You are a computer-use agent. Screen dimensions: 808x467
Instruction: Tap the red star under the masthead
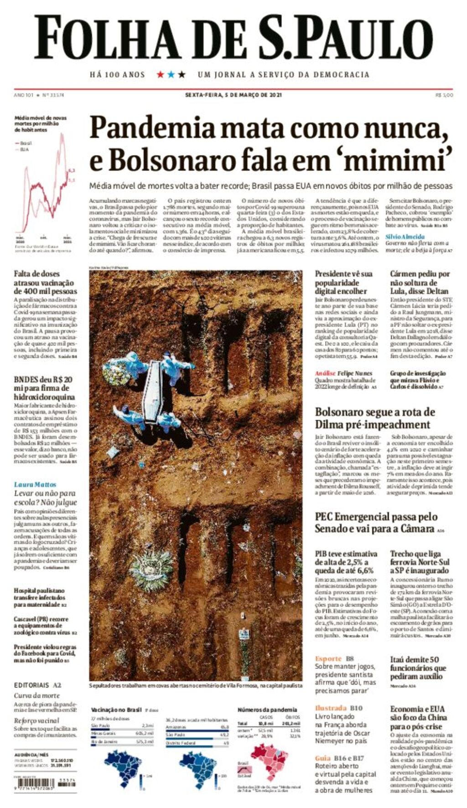pos(160,74)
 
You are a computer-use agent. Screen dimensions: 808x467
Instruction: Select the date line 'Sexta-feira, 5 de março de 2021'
pos(233,95)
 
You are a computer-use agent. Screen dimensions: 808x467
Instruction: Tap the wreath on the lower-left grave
pos(150,570)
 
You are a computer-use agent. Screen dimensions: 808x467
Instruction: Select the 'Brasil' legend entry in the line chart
pos(26,143)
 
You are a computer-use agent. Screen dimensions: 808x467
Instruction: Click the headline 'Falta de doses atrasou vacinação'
pos(45,282)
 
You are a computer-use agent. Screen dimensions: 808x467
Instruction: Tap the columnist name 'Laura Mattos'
pos(35,484)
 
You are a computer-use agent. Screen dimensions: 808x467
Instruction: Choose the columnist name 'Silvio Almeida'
pos(405,237)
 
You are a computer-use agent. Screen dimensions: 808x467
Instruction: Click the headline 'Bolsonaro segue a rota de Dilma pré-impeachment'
pos(375,418)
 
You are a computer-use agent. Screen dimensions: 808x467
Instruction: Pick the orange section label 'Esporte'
pos(328,659)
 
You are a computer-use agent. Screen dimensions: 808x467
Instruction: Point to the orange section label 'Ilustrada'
pos(331,708)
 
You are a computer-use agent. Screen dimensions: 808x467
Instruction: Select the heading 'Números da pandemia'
pos(267,710)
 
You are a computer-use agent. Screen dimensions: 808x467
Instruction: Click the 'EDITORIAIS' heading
pos(31,684)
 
